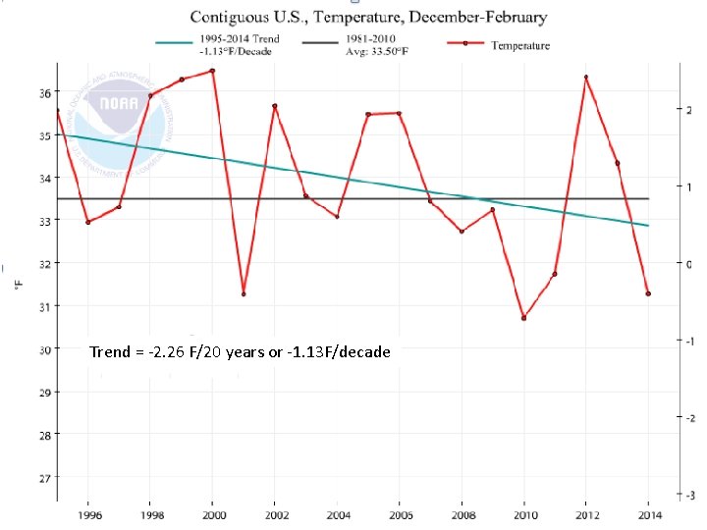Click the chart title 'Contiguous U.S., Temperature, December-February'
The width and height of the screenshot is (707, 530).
368,17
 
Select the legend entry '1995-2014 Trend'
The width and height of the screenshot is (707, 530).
244,45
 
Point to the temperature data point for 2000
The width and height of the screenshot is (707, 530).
212,71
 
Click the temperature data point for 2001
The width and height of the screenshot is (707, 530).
244,294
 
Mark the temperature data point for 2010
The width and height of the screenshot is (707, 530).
523,318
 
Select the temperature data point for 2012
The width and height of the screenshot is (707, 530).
586,77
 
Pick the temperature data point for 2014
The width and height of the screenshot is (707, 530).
648,293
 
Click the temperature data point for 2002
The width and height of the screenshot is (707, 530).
275,106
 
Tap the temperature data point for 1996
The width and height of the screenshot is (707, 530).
88,222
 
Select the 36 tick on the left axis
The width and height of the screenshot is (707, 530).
45,93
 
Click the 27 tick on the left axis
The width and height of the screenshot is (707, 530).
45,478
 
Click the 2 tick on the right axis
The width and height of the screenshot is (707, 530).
690,109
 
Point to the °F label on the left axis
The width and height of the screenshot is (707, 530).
18,284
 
